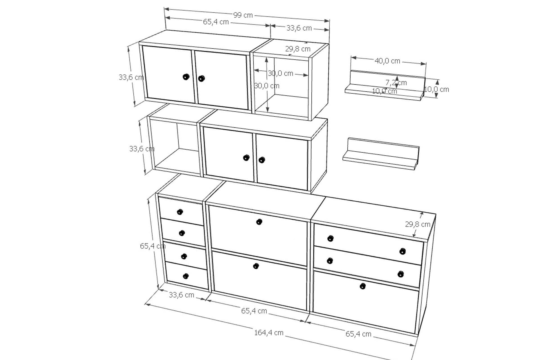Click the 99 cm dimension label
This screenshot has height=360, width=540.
click(x=243, y=15)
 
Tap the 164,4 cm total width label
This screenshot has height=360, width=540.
click(x=269, y=333)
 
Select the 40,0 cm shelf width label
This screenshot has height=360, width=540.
click(x=387, y=61)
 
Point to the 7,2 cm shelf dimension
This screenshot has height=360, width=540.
click(x=396, y=83)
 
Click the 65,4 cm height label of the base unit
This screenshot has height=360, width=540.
click(x=153, y=246)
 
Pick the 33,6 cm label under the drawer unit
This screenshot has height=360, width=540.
click(x=181, y=295)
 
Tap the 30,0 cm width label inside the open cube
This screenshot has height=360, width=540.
click(x=280, y=73)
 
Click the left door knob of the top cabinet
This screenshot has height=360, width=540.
click(x=186, y=77)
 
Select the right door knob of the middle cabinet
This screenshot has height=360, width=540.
click(x=262, y=160)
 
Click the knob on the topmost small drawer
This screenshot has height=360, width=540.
click(x=180, y=212)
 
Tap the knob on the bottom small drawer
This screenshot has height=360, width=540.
click(x=186, y=276)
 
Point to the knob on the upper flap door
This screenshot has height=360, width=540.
click(x=259, y=222)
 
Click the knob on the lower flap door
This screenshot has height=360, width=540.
click(x=256, y=266)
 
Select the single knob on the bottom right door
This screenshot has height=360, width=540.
click(x=363, y=286)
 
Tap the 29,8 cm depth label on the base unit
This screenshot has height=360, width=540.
click(x=418, y=224)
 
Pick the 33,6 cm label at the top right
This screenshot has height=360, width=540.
click(x=299, y=28)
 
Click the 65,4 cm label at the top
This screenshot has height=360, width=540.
click(x=216, y=22)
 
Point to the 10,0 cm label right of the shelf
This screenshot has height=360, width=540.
click(x=436, y=89)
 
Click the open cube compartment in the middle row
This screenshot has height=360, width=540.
click(x=174, y=146)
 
